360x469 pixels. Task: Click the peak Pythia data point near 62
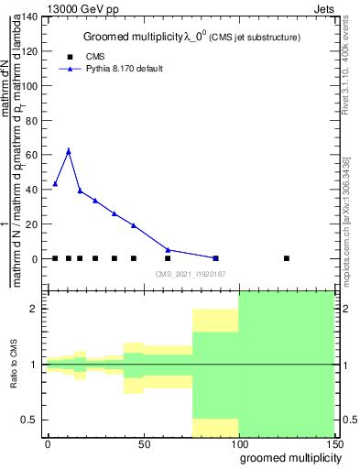pos(69,151)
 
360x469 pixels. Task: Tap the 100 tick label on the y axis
pos(31,86)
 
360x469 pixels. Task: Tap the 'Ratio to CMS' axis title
pos(15,364)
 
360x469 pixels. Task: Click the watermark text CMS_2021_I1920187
pos(191,275)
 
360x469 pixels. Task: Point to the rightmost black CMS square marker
pos(287,258)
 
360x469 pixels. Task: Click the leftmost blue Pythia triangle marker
pos(55,184)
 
